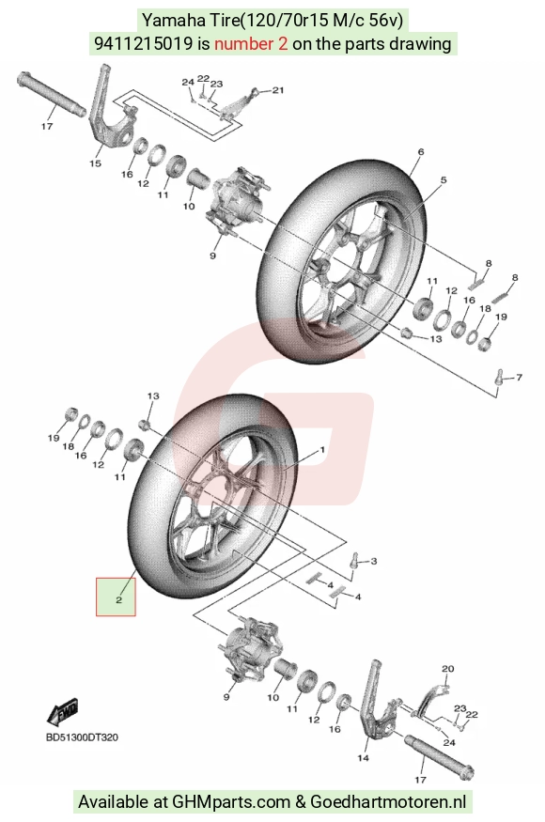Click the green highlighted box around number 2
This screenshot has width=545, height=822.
[116, 597]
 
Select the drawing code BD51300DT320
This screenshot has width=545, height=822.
[82, 737]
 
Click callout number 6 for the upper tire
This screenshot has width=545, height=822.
[421, 152]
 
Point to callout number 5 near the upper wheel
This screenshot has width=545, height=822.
[444, 180]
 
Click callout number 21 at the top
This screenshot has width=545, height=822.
[278, 90]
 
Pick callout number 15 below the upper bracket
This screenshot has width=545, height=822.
[95, 163]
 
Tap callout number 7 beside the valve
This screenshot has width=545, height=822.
[519, 377]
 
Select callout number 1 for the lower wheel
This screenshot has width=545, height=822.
[322, 450]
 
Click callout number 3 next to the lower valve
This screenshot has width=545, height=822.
[373, 562]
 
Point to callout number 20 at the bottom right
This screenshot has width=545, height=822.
[447, 669]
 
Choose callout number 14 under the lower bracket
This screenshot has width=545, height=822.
[363, 757]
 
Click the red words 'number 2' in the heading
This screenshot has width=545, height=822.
[251, 43]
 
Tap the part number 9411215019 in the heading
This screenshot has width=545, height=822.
[143, 43]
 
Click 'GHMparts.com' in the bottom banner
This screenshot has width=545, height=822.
[232, 801]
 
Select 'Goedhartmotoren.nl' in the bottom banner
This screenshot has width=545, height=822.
[388, 801]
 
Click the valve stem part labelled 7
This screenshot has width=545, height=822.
[499, 376]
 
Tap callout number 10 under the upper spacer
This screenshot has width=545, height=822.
[189, 207]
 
